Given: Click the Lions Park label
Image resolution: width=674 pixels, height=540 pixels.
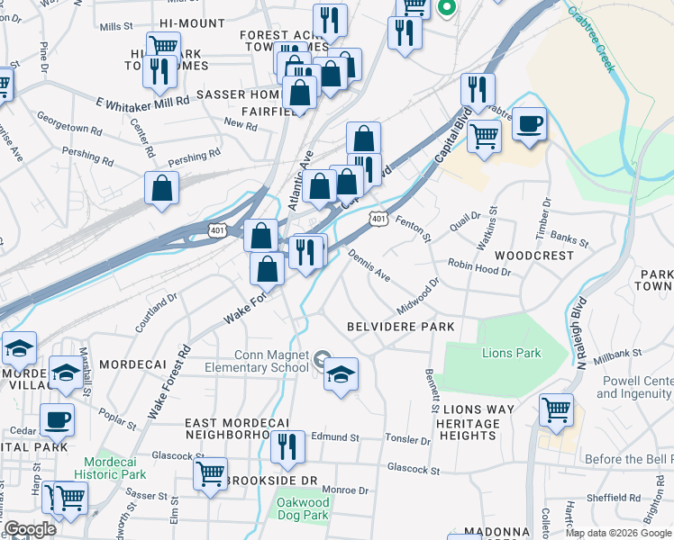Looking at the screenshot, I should pos(511,352).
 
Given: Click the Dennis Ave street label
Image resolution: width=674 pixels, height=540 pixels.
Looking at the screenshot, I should pos(369,265).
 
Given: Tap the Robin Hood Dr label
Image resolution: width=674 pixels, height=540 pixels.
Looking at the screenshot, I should pos(479,265).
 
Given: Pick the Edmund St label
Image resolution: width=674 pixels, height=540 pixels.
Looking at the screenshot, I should pos(334,437).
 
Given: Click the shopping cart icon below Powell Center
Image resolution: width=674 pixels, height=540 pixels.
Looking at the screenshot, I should pos(556,409).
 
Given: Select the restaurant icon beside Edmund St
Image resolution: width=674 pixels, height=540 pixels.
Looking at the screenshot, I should pos(287,447).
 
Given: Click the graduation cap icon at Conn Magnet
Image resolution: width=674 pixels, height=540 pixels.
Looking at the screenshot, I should pos(341,374).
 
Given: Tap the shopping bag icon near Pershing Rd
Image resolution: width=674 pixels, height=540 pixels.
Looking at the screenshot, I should pos(161,188).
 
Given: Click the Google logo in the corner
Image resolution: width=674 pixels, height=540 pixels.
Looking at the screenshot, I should pos(31,529).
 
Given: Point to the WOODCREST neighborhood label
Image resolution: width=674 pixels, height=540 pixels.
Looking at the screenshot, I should pos(540,256).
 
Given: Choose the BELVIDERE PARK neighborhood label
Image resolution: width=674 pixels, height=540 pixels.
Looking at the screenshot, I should pos(401,326).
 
